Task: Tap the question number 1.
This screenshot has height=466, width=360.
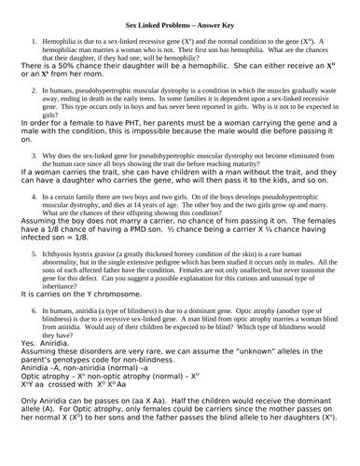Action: (34, 41)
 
